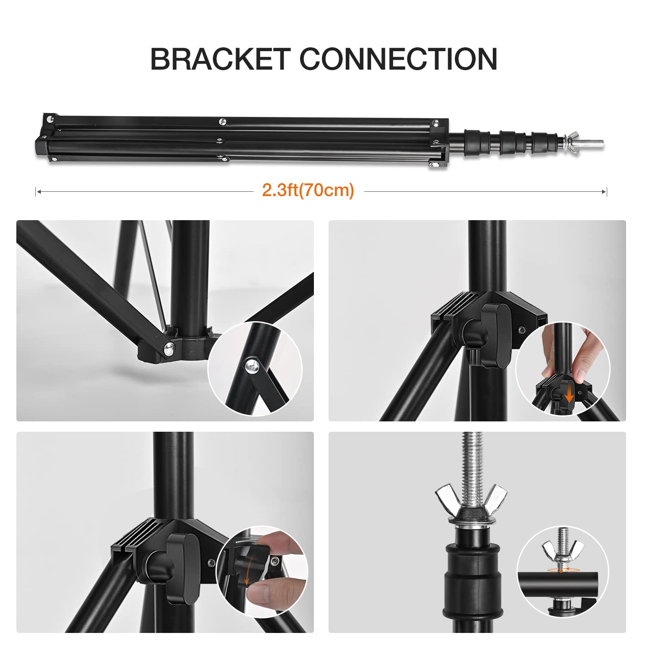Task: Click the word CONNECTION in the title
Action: click(x=398, y=59)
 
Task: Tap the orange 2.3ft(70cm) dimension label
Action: click(x=308, y=190)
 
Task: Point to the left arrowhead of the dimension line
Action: click(x=38, y=191)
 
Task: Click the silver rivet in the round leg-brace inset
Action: click(x=251, y=365)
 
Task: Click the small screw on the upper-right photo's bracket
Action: click(x=522, y=330)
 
